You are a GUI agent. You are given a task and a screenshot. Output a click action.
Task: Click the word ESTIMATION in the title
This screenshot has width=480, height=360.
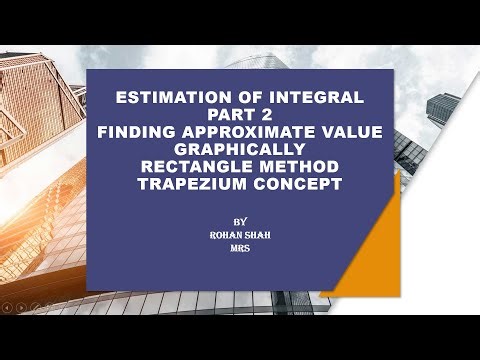coord(169,97)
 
